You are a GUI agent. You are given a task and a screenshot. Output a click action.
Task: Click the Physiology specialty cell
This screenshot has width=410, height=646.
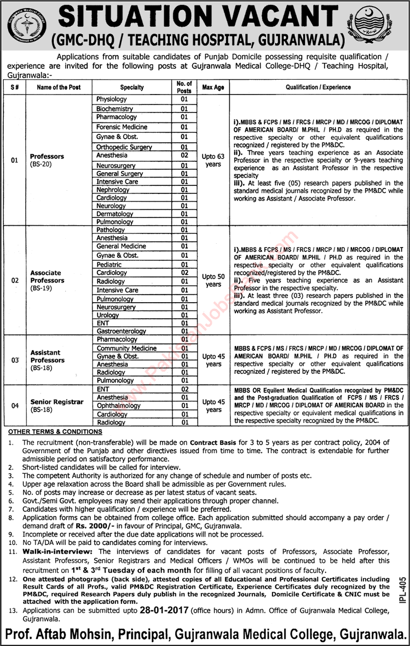click(112, 99)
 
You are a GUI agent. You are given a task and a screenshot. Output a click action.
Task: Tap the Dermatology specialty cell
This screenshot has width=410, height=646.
click(115, 214)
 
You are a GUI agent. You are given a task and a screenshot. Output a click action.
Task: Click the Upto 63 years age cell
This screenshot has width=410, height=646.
click(213, 160)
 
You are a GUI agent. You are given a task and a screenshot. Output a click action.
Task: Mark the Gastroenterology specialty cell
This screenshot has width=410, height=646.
click(121, 331)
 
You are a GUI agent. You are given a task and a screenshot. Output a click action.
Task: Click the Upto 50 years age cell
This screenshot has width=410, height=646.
click(213, 280)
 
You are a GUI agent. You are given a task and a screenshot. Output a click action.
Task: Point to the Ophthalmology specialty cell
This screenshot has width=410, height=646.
click(118, 406)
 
